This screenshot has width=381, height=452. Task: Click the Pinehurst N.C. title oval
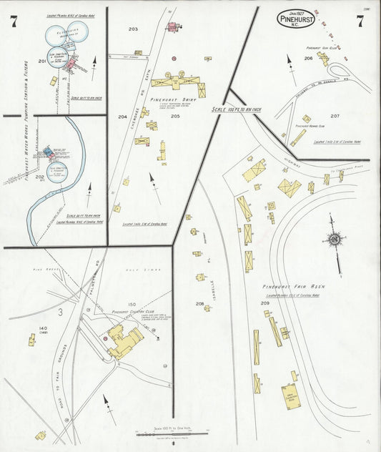tap(300, 18)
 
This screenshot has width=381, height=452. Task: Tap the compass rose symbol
tap(334, 240)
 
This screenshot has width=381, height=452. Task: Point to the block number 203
tap(133, 29)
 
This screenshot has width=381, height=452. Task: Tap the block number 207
tap(335, 115)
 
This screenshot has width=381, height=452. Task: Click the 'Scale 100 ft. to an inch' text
tap(236, 109)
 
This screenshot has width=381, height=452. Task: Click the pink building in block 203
tap(172, 27)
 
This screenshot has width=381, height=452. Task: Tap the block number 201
tap(42, 62)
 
